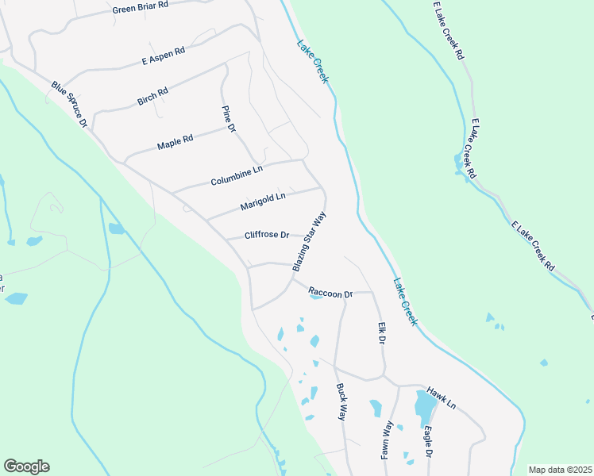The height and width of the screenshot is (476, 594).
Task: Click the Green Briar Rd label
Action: pyautogui.click(x=141, y=7)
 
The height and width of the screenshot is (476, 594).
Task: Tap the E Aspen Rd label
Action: pyautogui.click(x=163, y=55)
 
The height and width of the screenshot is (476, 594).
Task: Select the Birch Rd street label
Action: pyautogui.click(x=152, y=96)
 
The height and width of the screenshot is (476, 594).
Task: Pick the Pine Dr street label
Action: pyautogui.click(x=229, y=117)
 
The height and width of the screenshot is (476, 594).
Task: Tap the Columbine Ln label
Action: pyautogui.click(x=236, y=175)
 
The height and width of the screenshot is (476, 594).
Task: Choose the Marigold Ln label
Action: pyautogui.click(x=262, y=202)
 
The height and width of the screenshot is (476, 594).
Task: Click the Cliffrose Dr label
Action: pyautogui.click(x=266, y=235)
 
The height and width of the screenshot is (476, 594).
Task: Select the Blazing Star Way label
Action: pyautogui.click(x=310, y=241)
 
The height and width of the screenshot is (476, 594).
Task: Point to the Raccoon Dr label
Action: pyautogui.click(x=330, y=293)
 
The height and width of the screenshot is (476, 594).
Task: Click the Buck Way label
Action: pyautogui.click(x=342, y=401)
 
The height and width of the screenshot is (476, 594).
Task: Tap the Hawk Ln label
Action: pyautogui.click(x=441, y=397)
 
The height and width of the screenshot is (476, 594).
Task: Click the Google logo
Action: pyautogui.click(x=26, y=466)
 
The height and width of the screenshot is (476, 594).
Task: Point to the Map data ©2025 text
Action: pyautogui.click(x=559, y=470)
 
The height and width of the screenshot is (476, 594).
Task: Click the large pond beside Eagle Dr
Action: pyautogui.click(x=425, y=407)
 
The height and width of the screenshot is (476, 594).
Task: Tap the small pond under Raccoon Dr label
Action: pyautogui.click(x=315, y=297)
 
